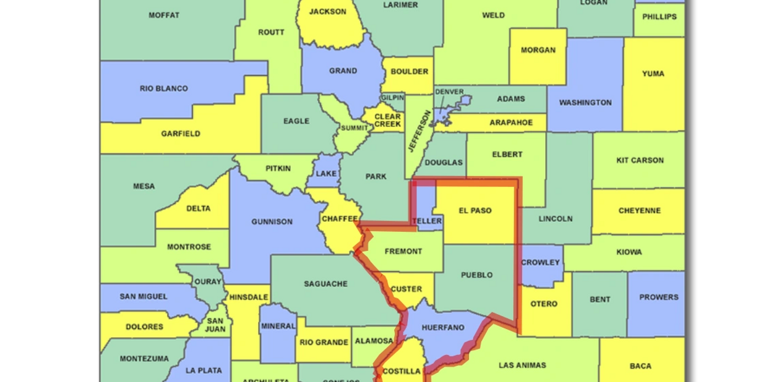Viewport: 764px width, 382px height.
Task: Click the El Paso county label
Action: [x=475, y=211]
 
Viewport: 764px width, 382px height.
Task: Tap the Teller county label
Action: [x=428, y=221]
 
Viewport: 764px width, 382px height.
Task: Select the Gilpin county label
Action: [x=392, y=98]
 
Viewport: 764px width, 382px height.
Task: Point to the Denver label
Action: [x=449, y=92]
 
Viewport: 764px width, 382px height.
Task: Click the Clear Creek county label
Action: [x=388, y=120]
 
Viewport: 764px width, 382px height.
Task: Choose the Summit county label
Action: [x=354, y=128]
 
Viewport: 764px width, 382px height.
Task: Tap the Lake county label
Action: [x=326, y=174]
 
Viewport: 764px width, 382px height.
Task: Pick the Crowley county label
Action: [x=540, y=262]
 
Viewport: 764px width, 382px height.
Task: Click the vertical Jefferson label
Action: [x=418, y=131]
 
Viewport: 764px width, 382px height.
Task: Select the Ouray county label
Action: [x=208, y=282]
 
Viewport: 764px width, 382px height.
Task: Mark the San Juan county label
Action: [x=215, y=325]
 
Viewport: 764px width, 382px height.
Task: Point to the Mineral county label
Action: [x=277, y=326]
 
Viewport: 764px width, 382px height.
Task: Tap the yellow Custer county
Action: [x=407, y=289]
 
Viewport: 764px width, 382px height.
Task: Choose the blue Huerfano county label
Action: [x=443, y=328]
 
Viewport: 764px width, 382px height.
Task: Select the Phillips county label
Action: [x=659, y=17]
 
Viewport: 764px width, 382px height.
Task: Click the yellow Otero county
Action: [x=544, y=304]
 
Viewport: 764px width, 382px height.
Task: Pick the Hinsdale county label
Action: [x=248, y=297]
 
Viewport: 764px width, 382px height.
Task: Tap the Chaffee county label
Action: [x=339, y=219]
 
